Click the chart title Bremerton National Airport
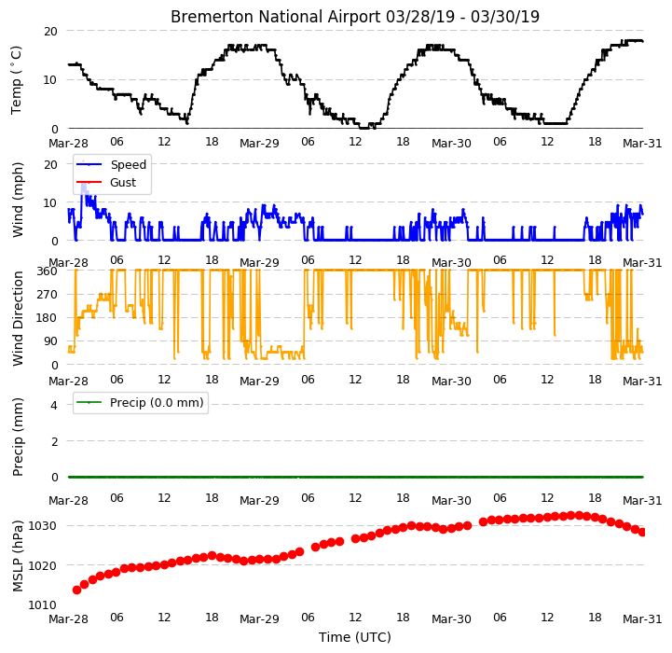point(276,17)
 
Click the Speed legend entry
point(111,164)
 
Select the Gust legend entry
point(106,182)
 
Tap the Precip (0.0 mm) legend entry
point(139,402)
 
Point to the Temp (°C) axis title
point(16,80)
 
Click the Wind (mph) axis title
point(18,200)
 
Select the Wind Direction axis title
point(18,318)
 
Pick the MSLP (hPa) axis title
point(18,556)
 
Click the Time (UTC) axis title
point(355,637)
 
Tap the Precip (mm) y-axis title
point(18,437)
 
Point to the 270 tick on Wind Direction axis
point(48,295)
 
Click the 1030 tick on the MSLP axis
point(43,526)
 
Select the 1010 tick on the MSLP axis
point(43,604)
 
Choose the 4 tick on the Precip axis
point(54,405)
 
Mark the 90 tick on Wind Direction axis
point(50,341)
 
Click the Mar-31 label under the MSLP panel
point(642,619)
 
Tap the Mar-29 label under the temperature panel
point(259,144)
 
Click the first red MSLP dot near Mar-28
point(76,590)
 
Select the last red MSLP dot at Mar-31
point(642,532)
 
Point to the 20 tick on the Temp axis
point(50,32)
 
